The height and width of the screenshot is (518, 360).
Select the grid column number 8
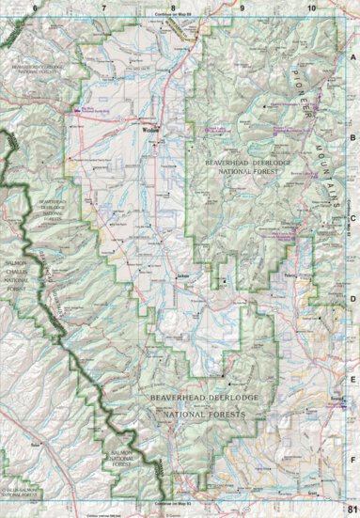click(x=173, y=8)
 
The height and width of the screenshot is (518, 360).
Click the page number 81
click(x=352, y=510)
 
